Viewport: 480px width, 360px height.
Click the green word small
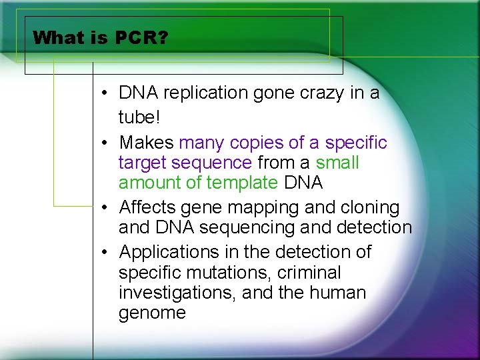[x=337, y=163]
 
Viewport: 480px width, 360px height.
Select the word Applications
[x=169, y=253]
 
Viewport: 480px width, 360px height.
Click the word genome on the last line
[x=152, y=313]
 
